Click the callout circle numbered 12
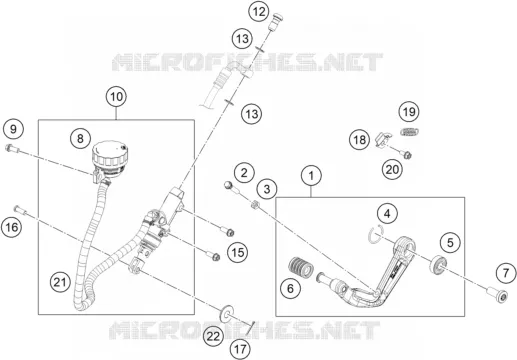(x=259, y=12)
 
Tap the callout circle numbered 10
(x=116, y=97)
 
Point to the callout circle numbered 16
(x=12, y=227)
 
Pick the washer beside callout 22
(x=227, y=312)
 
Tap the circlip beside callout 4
(x=376, y=234)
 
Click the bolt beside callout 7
(x=497, y=294)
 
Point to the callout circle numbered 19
(x=409, y=112)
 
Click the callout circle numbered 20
(x=392, y=169)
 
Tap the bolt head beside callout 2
(x=228, y=185)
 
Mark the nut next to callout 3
(x=255, y=204)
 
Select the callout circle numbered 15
(x=238, y=252)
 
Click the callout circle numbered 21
(x=60, y=283)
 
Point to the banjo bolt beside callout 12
(x=275, y=20)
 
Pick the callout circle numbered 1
(x=311, y=176)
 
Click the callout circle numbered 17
(x=240, y=350)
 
